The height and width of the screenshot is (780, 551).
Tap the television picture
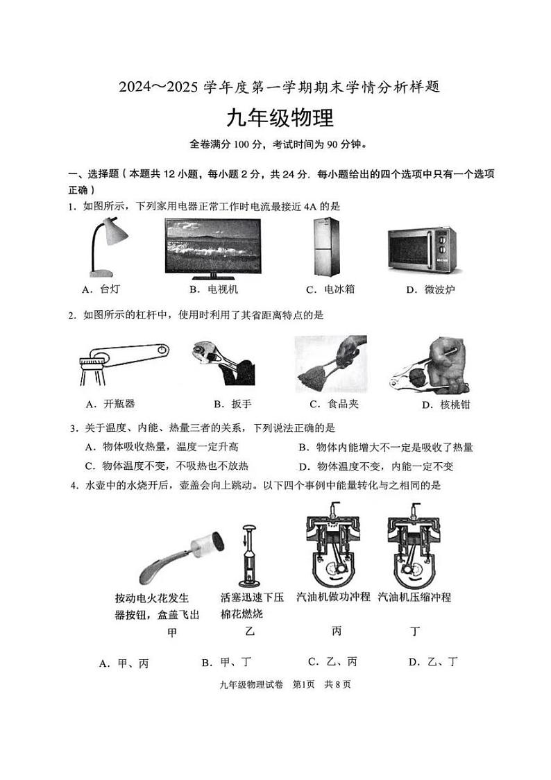(x=213, y=246)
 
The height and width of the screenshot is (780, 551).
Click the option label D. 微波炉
(x=430, y=289)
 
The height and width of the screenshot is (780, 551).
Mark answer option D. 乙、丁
(x=433, y=662)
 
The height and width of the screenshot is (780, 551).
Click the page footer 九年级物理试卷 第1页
(x=285, y=684)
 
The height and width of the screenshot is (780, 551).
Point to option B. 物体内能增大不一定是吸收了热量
(x=385, y=448)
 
